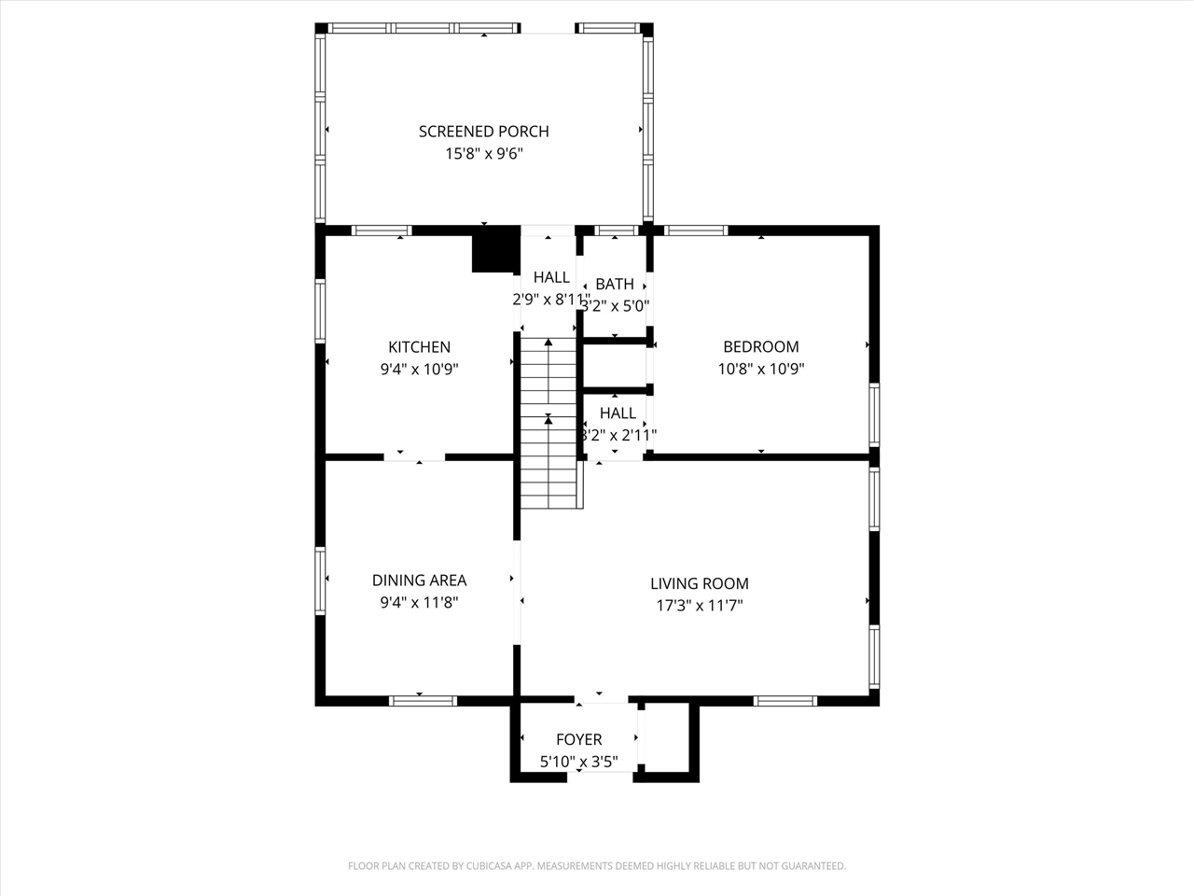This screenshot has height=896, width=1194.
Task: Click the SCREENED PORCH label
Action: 483,132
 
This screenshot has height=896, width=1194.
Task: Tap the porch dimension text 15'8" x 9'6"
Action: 483,154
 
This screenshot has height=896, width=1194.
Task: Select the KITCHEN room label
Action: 419,347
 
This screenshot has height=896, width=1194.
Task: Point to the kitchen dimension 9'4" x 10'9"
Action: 419,369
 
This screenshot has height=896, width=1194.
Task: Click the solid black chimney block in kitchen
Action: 494,250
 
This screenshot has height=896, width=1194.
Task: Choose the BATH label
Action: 615,284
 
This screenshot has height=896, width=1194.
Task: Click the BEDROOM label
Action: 760,347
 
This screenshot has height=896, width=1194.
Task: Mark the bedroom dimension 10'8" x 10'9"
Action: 760,369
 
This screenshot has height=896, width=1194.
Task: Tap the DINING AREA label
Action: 419,581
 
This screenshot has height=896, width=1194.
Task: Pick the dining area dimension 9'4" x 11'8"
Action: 419,603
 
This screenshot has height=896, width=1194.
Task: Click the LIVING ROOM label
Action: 699,583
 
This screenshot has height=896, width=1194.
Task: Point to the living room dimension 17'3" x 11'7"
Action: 699,606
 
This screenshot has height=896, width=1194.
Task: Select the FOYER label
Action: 578,740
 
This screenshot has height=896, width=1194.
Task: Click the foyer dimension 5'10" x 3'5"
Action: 578,763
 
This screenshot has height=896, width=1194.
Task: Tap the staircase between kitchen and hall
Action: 549,422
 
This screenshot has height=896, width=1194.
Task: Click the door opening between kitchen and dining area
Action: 415,456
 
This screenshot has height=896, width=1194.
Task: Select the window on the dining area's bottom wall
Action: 423,700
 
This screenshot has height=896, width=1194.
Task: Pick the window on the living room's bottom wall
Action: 785,700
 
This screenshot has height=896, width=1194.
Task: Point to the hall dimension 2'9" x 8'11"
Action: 550,300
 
